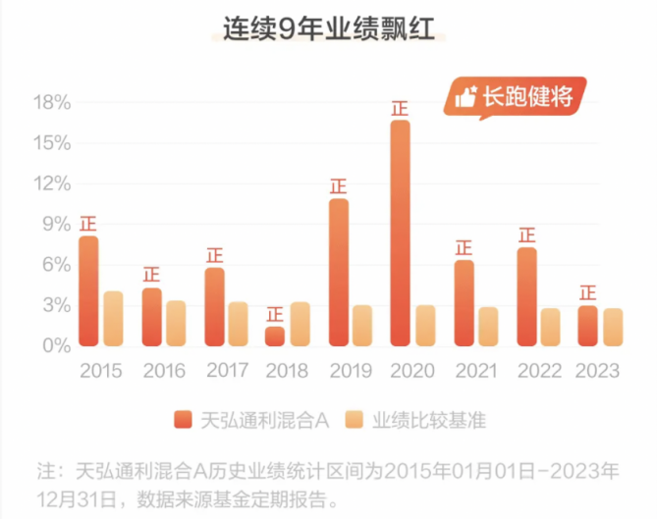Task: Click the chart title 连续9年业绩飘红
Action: click(328, 30)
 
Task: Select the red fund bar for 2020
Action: click(400, 234)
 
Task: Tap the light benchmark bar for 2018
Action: click(301, 324)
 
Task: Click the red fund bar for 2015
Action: click(89, 291)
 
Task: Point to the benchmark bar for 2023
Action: click(613, 327)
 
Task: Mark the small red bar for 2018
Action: click(275, 336)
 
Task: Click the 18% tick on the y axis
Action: click(52, 102)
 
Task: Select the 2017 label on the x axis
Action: click(226, 371)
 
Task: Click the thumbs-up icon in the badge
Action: click(465, 96)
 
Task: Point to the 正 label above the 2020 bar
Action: click(400, 107)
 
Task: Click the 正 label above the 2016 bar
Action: click(151, 275)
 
